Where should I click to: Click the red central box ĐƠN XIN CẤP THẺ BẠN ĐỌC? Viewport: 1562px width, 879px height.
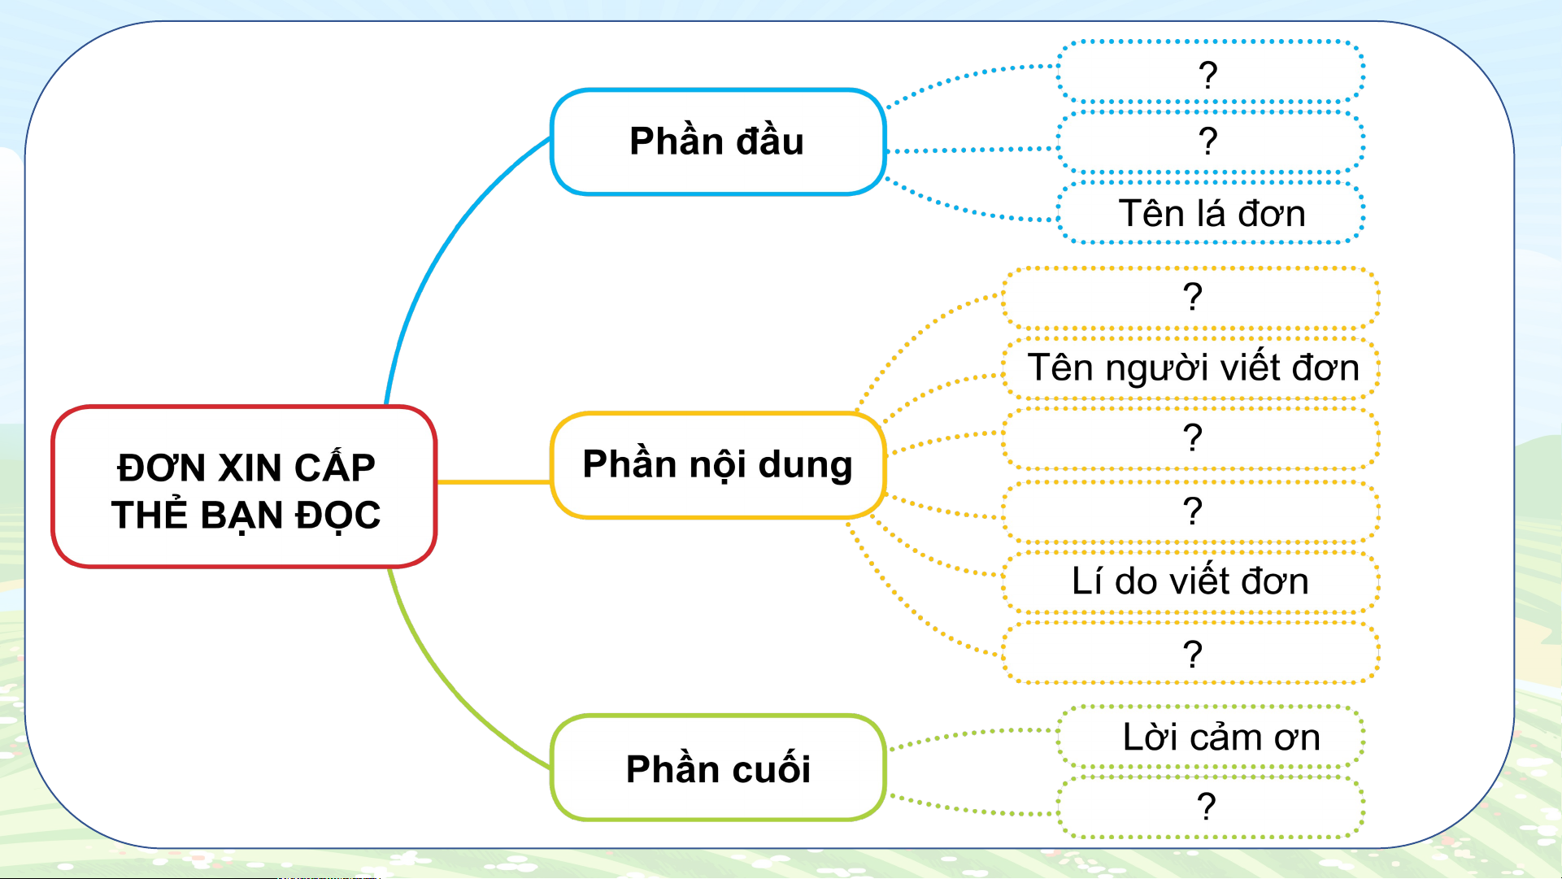click(x=244, y=486)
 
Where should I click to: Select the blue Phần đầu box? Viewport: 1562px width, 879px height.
click(x=718, y=142)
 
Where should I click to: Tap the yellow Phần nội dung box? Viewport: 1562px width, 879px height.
click(x=718, y=465)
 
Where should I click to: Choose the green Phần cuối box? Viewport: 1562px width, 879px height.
click(x=718, y=768)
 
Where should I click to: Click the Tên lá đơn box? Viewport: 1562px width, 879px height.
click(x=1211, y=213)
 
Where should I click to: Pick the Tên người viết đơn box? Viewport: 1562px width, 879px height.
click(x=1191, y=368)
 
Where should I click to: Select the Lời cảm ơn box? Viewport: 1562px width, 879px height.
click(x=1211, y=738)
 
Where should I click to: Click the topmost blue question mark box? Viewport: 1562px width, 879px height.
click(x=1211, y=73)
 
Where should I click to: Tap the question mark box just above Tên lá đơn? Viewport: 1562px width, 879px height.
click(x=1211, y=142)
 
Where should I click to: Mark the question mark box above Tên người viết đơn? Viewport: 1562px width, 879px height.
click(x=1191, y=298)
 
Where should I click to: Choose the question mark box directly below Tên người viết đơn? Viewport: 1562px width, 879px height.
click(x=1191, y=439)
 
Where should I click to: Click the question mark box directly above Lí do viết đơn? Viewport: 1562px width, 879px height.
click(x=1191, y=511)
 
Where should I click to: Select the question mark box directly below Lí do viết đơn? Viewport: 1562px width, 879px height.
click(x=1191, y=653)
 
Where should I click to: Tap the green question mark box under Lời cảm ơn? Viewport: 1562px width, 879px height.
click(x=1211, y=807)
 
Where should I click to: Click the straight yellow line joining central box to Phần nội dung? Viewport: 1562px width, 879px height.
click(x=494, y=482)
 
